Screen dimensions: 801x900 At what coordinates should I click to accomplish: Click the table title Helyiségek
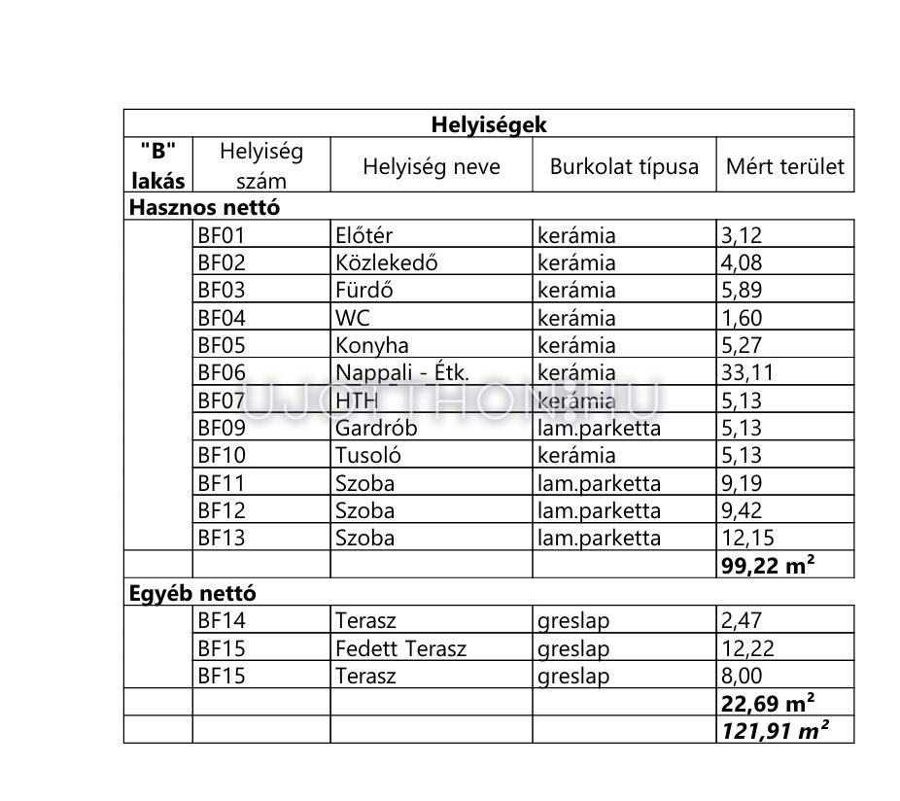[x=489, y=124]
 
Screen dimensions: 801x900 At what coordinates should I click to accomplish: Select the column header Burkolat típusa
[x=624, y=166]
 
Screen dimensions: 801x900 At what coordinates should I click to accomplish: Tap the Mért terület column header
[x=785, y=166]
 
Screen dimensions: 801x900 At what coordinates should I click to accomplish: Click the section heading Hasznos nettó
[x=205, y=207]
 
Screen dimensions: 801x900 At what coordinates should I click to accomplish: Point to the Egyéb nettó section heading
[x=192, y=593]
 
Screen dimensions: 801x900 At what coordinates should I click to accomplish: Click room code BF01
[x=222, y=235]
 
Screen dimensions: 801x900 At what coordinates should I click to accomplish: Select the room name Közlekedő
[x=387, y=262]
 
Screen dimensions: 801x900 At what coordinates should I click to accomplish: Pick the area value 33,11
[x=746, y=372]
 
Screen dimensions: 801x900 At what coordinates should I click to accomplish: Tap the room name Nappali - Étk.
[x=402, y=372]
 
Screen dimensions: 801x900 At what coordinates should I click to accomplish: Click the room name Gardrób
[x=376, y=428]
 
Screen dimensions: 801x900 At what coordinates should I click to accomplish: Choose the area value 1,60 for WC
[x=742, y=318]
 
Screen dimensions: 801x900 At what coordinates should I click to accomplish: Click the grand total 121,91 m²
[x=774, y=731]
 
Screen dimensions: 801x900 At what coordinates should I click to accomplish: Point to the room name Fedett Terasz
[x=400, y=648]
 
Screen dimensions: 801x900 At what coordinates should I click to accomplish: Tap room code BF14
[x=222, y=621]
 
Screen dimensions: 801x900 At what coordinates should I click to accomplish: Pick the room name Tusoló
[x=368, y=455]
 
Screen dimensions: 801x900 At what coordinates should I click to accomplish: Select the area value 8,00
[x=742, y=676]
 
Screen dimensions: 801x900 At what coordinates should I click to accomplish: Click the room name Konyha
[x=372, y=345]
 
